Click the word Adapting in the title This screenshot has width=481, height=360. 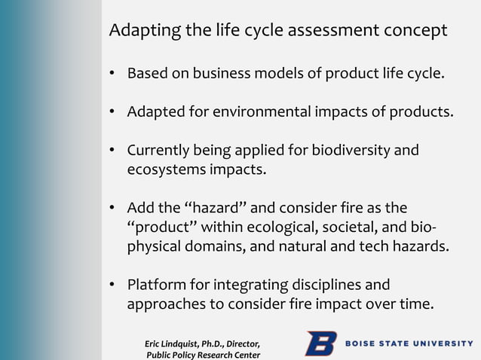pos(141,31)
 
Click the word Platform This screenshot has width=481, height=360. pos(155,285)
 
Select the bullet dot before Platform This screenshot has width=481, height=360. pos(111,286)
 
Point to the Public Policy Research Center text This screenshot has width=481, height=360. pos(204,355)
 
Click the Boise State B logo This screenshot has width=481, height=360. pos(320,343)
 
